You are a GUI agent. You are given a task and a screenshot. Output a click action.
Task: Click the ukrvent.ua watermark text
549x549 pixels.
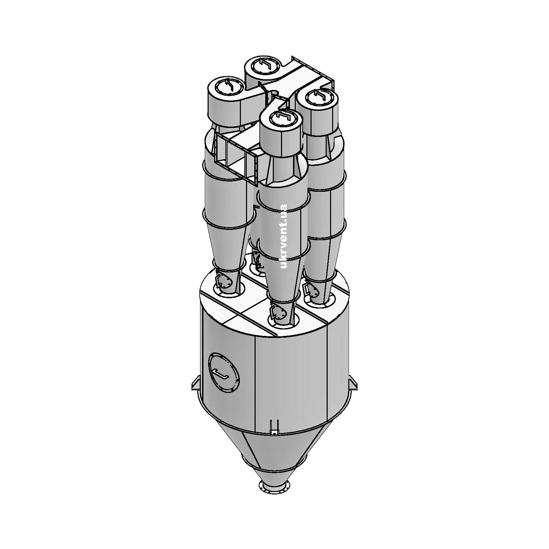tap(283, 237)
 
